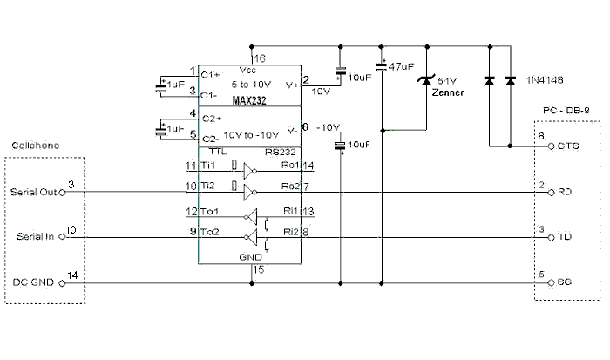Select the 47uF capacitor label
click(402, 67)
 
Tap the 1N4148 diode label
click(545, 79)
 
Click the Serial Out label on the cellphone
click(33, 193)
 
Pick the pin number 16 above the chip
click(259, 58)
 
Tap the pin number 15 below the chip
click(258, 270)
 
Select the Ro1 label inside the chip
click(291, 166)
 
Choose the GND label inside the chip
click(250, 259)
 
